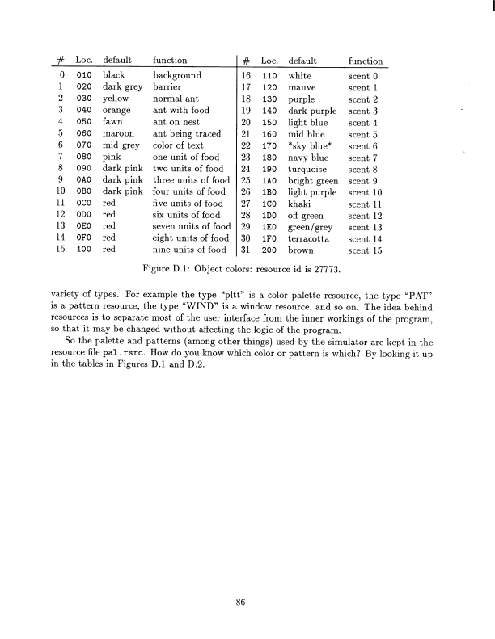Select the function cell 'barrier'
[x=169, y=86]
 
